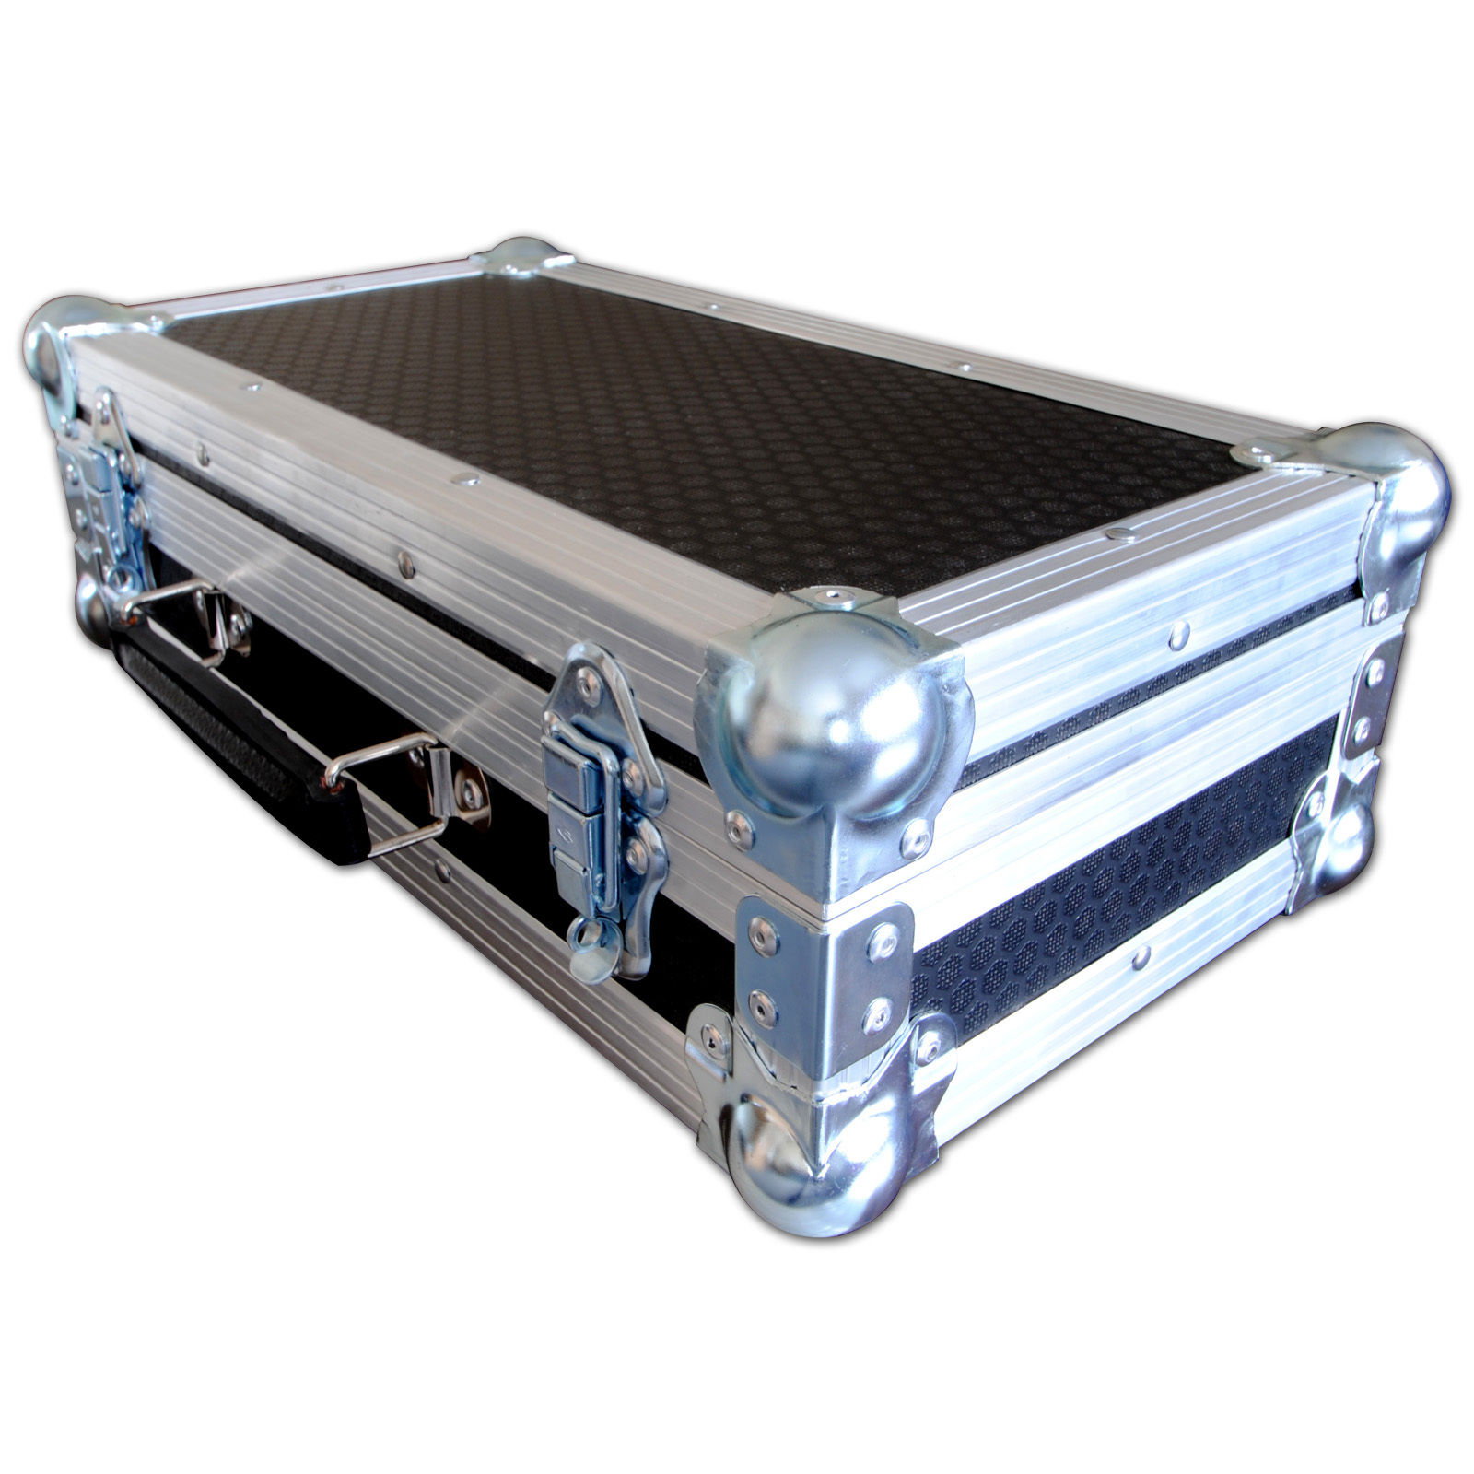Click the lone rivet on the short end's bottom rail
[x=1142, y=958]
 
